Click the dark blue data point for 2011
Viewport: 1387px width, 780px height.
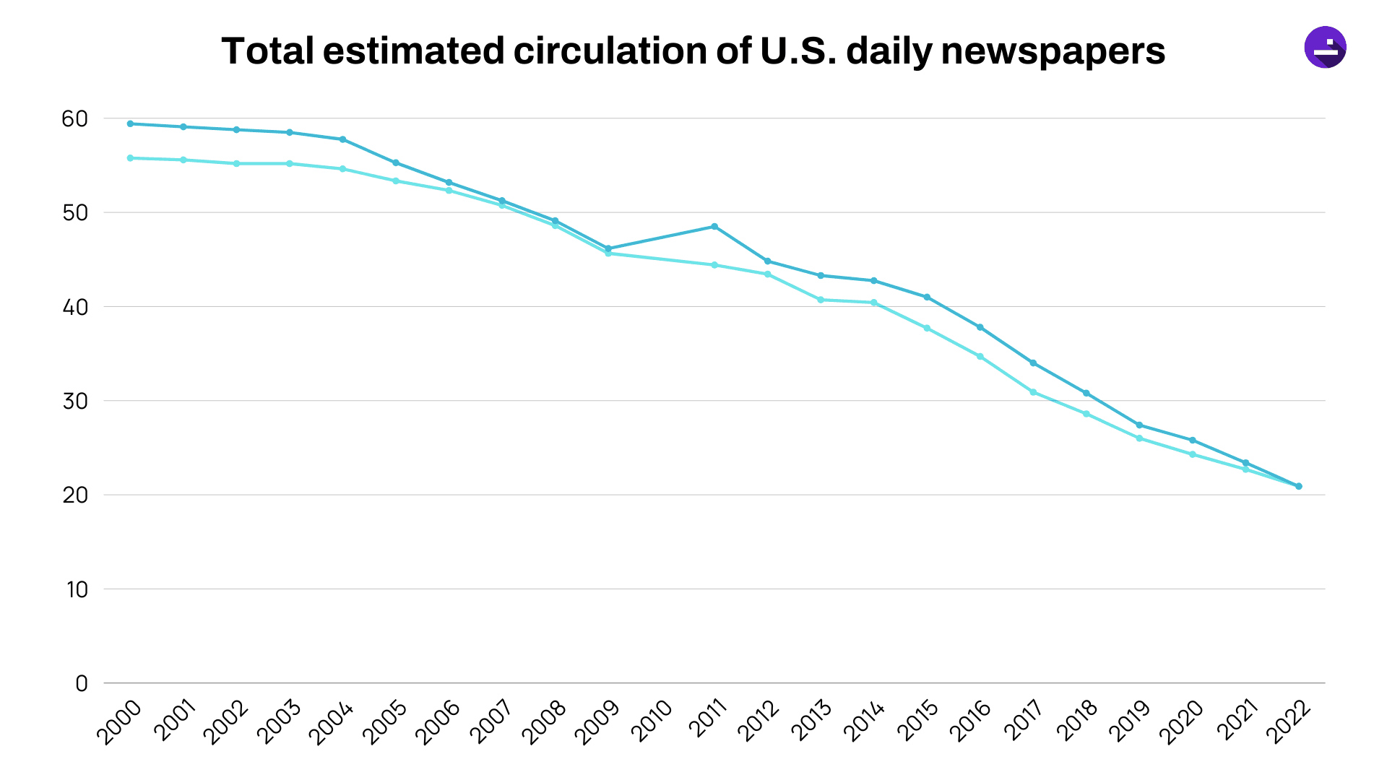click(x=714, y=227)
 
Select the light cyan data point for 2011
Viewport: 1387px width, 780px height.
click(x=714, y=265)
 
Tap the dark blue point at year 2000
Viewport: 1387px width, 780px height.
click(x=130, y=123)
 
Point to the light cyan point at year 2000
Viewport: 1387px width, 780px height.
click(x=130, y=158)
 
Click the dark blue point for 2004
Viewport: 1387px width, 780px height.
click(x=342, y=139)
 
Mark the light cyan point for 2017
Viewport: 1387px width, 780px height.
click(x=1033, y=392)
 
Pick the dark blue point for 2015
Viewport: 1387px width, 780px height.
click(x=927, y=298)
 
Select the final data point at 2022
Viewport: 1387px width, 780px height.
click(x=1298, y=486)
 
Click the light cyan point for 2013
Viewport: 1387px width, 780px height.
click(x=821, y=300)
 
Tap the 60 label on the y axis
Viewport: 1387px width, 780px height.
click(x=74, y=119)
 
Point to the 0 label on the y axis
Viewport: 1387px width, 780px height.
click(x=82, y=684)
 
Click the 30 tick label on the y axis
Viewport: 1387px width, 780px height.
click(x=74, y=402)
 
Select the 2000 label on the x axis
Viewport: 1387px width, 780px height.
click(x=121, y=721)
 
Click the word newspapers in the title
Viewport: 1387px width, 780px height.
click(x=1053, y=52)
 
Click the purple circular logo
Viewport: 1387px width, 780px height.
click(x=1325, y=48)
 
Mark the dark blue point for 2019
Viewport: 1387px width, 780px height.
click(x=1139, y=425)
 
